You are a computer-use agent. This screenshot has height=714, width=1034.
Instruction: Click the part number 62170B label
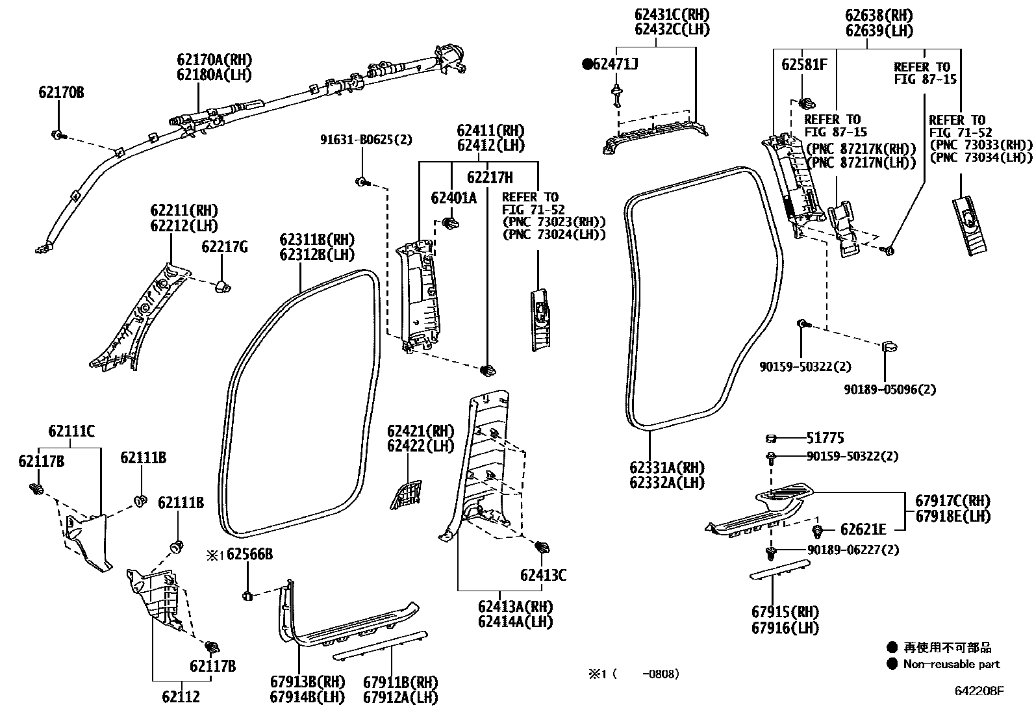[x=60, y=93]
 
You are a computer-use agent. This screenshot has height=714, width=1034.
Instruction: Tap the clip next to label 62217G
[x=222, y=287]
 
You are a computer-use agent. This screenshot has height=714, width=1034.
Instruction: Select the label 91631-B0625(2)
[x=365, y=140]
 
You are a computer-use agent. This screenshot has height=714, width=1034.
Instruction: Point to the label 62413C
[x=542, y=575]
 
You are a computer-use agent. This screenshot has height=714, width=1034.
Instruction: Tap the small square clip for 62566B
[x=247, y=595]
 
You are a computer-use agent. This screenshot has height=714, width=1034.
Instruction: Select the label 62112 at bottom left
[x=181, y=697]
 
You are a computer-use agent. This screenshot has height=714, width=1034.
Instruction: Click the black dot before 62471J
[x=587, y=64]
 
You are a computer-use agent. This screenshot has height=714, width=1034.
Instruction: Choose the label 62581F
[x=804, y=64]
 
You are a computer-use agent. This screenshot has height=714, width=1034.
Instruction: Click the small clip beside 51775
[x=771, y=439]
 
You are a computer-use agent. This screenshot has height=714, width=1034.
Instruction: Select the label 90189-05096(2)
[x=890, y=389]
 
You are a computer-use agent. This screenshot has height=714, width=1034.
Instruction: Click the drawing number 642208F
[x=979, y=691]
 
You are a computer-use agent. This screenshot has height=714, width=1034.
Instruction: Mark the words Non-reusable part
[x=951, y=664]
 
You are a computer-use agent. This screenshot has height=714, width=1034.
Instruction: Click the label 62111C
[x=71, y=431]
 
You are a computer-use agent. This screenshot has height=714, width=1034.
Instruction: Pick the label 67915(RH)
[x=785, y=613]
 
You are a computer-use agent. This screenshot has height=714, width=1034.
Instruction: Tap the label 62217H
[x=490, y=177]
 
